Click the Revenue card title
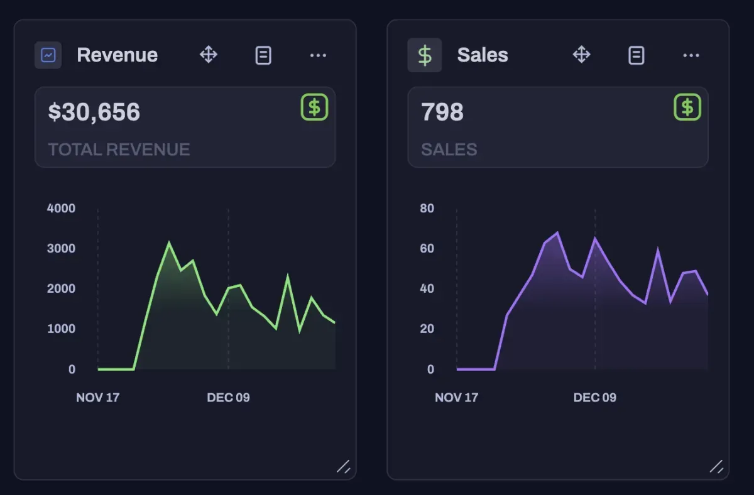click(117, 55)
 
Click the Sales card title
click(483, 55)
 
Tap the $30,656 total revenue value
click(94, 112)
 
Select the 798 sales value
click(442, 112)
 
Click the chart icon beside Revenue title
click(48, 55)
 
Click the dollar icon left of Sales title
click(425, 55)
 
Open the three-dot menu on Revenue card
click(318, 55)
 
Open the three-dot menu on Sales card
click(691, 55)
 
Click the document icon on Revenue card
click(263, 55)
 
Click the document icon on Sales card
click(637, 55)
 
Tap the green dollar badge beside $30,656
click(314, 107)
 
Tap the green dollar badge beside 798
click(687, 107)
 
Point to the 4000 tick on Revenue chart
click(61, 209)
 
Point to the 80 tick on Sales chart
click(427, 209)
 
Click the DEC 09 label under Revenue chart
click(228, 398)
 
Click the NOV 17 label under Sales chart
click(456, 398)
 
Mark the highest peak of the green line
click(168, 243)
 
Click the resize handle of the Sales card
click(716, 466)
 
